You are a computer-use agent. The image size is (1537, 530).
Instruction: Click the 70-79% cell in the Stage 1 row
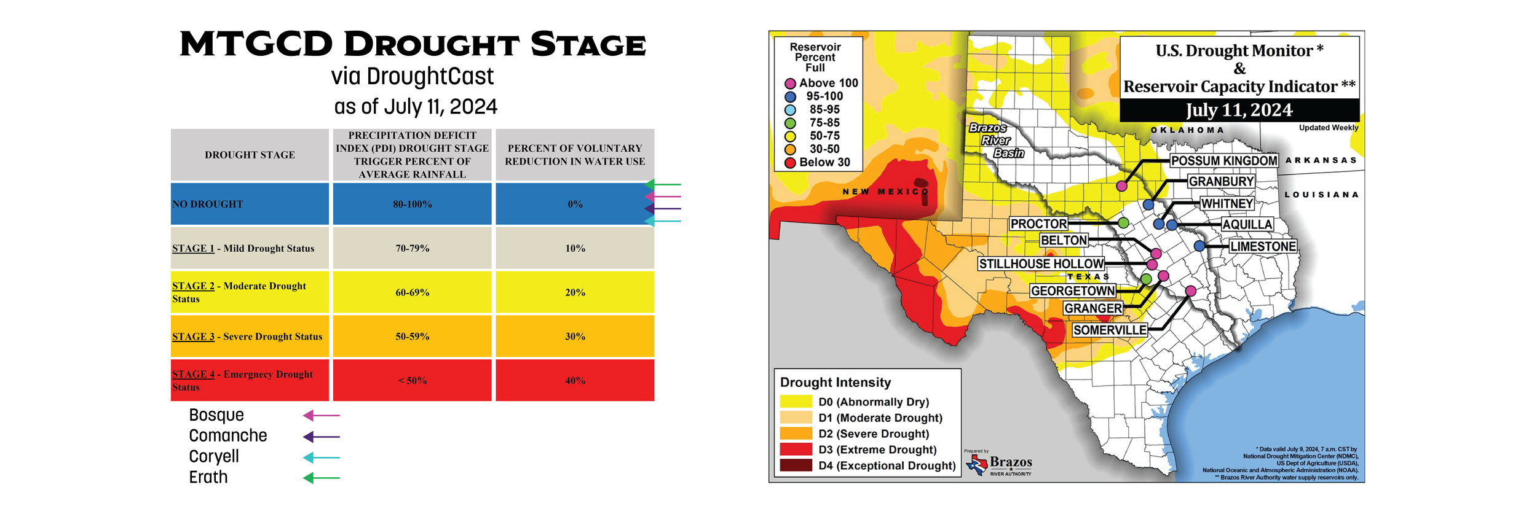(x=412, y=248)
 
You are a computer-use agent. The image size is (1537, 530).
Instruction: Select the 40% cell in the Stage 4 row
(x=575, y=381)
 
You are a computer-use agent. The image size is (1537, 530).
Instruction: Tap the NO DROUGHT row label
(x=208, y=204)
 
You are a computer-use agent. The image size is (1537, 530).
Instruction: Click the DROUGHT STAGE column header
(x=250, y=155)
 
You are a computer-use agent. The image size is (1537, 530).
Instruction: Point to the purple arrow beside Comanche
(x=321, y=437)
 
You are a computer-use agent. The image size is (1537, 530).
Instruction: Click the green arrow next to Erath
(x=321, y=478)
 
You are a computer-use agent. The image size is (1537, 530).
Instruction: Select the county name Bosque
(x=216, y=415)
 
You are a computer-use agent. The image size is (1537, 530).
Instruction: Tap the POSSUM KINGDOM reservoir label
(x=1223, y=161)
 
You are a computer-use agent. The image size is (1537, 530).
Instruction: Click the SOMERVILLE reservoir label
(x=1109, y=330)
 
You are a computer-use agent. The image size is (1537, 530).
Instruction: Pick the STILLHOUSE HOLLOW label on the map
(x=1041, y=264)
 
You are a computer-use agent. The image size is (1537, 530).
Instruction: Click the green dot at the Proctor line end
(x=1123, y=223)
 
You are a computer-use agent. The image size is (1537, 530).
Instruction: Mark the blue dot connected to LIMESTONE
(x=1199, y=246)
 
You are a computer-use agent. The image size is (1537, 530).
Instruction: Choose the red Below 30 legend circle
(x=790, y=163)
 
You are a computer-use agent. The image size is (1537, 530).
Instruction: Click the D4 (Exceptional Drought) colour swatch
(x=796, y=466)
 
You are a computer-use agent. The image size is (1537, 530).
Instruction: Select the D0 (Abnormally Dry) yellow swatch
(x=796, y=402)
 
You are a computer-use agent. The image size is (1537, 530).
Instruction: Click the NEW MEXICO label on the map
(x=885, y=192)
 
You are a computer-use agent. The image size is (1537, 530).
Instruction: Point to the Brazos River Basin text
(x=996, y=141)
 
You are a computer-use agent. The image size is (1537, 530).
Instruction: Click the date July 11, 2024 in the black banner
(x=1239, y=111)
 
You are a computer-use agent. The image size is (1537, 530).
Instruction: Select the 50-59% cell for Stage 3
(x=412, y=337)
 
